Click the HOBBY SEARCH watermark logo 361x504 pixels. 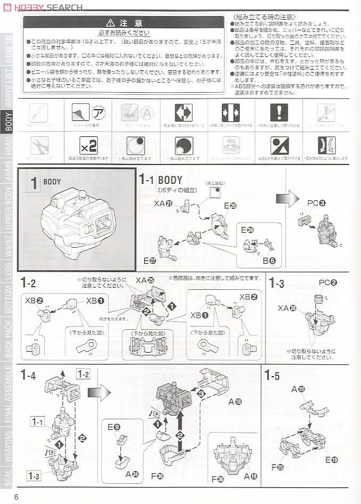coord(42,7)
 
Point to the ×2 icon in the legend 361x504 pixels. coord(88,145)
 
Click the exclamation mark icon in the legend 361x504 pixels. coord(278,112)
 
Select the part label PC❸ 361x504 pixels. coord(316,203)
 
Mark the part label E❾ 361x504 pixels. coord(113,427)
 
